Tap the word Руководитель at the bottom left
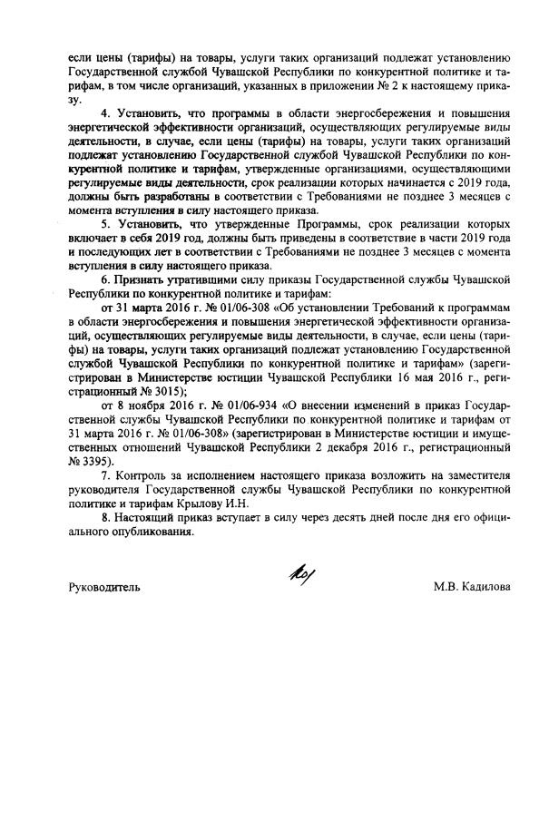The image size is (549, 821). tap(104, 587)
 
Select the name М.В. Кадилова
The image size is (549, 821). tap(472, 587)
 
